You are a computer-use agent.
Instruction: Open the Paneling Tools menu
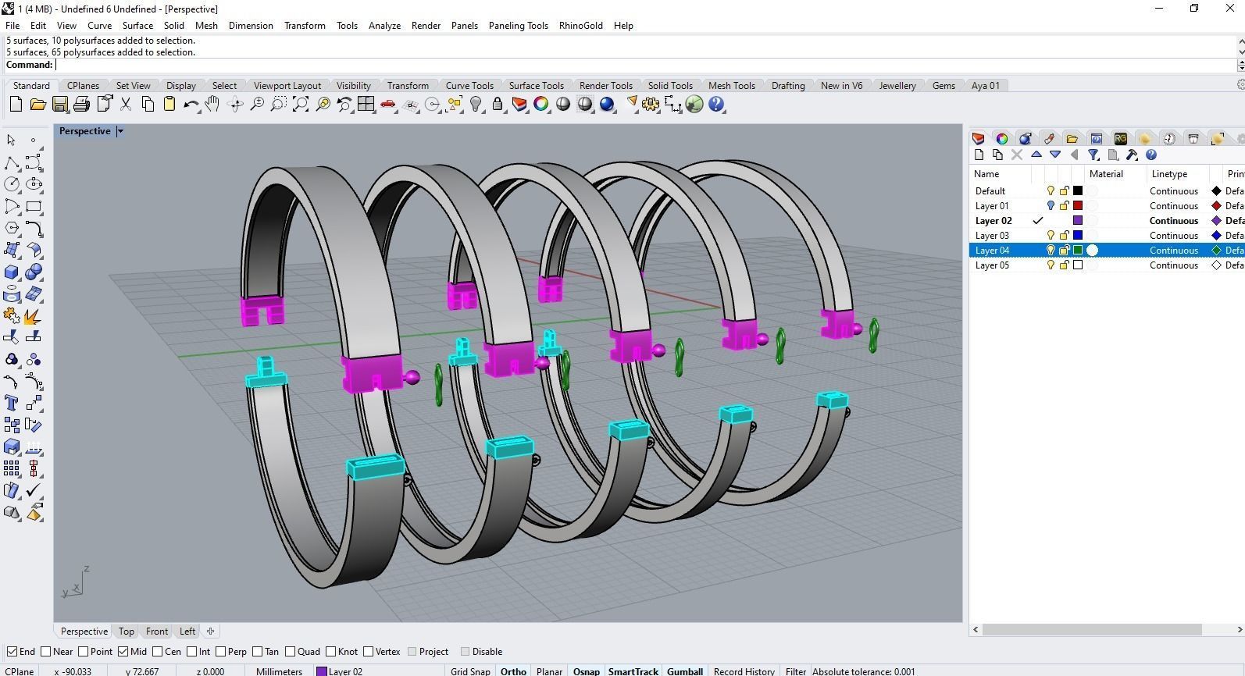pos(518,25)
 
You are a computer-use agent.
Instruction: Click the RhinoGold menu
pos(580,25)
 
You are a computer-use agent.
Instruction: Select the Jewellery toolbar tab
pos(897,86)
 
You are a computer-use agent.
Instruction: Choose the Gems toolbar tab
pos(943,86)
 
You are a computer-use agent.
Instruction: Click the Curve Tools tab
pos(469,86)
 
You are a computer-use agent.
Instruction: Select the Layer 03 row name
pos(992,236)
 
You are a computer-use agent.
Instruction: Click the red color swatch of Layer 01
pos(1078,206)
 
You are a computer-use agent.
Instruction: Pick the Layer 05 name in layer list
pos(992,265)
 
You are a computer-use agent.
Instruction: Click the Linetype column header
pos(1168,174)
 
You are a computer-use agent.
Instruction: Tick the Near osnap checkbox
pos(46,652)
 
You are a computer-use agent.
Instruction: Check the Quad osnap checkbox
pos(291,652)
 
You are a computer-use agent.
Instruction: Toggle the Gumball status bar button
pos(684,671)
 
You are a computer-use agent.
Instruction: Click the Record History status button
pos(744,671)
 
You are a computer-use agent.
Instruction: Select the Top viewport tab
pos(126,632)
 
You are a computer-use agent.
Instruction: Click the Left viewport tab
pos(187,632)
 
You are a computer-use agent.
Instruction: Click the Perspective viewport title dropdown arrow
pos(120,131)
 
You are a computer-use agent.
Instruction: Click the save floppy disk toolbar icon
pos(59,105)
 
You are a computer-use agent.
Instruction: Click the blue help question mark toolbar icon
pos(716,105)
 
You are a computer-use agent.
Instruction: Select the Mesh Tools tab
pos(731,86)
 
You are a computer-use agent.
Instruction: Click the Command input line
pos(625,65)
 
